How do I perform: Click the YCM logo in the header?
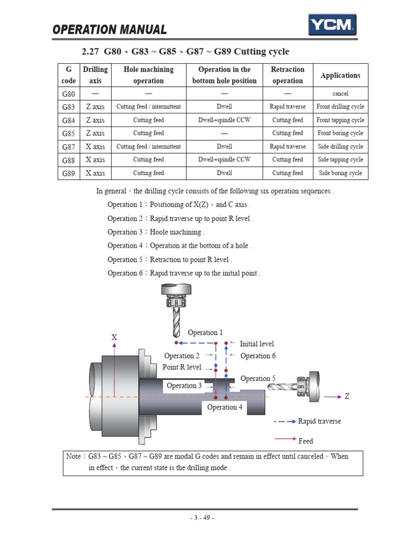pos(333,24)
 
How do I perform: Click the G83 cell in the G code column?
pos(69,107)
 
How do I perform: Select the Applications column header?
pos(340,75)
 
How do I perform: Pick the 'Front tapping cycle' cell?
pos(340,120)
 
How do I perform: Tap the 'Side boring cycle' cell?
pos(340,173)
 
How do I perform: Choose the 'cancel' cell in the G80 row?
pos(340,94)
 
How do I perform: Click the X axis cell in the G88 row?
pos(95,160)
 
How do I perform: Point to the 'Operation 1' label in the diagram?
pos(205,332)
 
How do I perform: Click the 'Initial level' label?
pos(256,344)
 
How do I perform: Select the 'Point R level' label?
pos(182,367)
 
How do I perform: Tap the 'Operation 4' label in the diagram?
pos(225,407)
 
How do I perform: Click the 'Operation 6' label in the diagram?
pos(258,356)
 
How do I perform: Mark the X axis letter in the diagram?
pos(114,338)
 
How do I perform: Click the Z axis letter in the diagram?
pos(347,397)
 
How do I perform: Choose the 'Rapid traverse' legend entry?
pos(319,421)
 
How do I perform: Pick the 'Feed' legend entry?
pos(305,441)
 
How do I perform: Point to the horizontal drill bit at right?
pos(282,386)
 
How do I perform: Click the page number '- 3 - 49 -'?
pos(201,518)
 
